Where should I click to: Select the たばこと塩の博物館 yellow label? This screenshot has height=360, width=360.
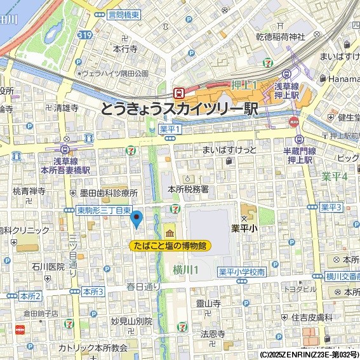(170, 246)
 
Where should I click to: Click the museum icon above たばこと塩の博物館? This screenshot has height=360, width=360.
(170, 230)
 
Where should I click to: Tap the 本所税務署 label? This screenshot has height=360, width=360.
(188, 189)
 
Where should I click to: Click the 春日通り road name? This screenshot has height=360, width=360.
(144, 286)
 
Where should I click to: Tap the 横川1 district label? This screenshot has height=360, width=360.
(186, 270)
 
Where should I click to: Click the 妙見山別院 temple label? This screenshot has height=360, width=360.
(131, 321)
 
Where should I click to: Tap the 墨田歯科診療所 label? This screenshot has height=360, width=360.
(108, 193)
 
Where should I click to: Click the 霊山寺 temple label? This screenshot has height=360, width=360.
(208, 304)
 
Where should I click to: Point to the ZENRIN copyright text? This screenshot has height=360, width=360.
(309, 354)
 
